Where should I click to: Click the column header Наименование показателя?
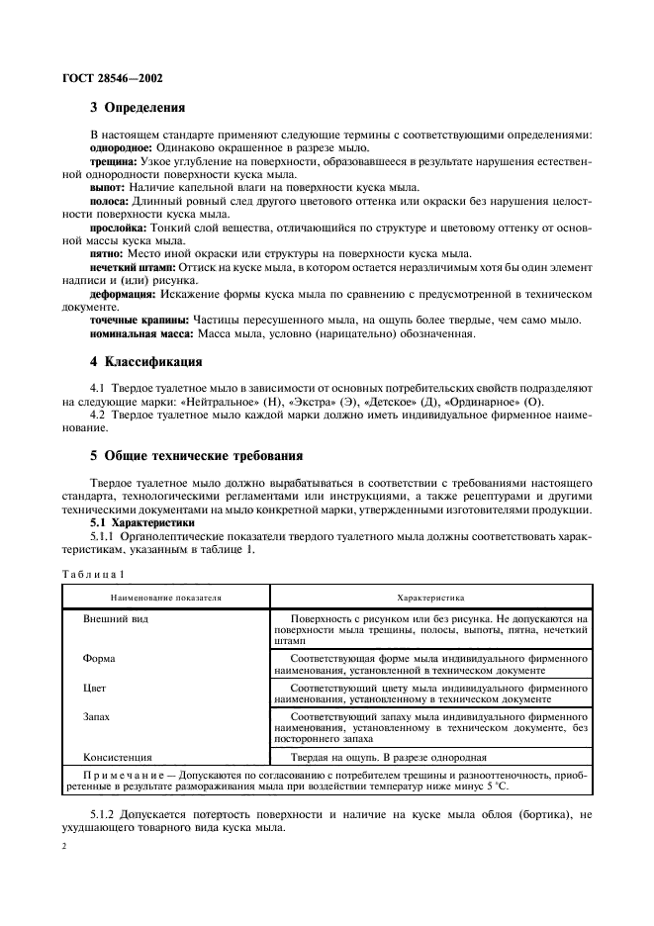(166, 599)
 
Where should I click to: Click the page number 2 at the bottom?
(64, 847)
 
